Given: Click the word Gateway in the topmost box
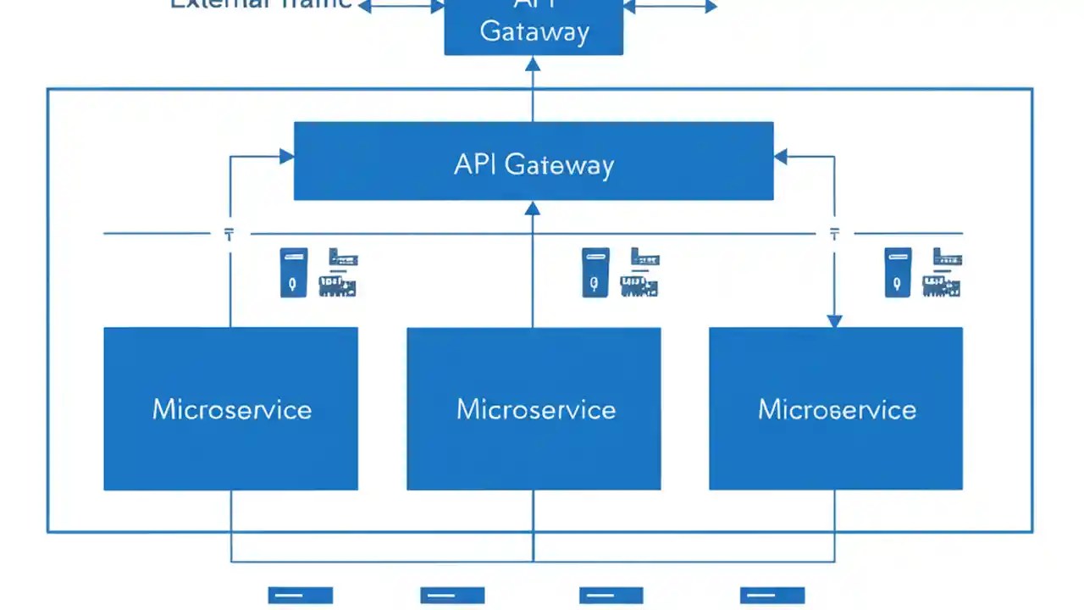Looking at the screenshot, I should tap(534, 32).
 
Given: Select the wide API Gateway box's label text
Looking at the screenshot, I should tap(534, 164).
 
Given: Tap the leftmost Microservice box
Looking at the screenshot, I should tap(230, 408).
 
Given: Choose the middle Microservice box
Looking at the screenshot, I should tap(534, 408).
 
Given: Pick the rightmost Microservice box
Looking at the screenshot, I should tap(836, 408).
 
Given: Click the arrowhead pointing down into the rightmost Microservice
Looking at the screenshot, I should tap(834, 320).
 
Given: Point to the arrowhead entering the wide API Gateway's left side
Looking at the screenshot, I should tap(286, 156).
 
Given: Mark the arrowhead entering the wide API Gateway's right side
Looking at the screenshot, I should tap(781, 156).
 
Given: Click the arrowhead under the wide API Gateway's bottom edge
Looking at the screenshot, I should tap(533, 208).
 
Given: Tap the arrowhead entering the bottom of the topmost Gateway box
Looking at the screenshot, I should tap(533, 64).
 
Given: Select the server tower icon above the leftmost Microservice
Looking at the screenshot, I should tap(294, 272).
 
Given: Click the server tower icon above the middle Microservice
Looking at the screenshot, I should tap(595, 272).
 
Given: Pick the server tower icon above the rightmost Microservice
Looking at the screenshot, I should tap(898, 272).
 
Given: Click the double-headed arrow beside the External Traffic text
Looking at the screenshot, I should tap(401, 7).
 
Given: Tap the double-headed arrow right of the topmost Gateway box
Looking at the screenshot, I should tap(670, 7).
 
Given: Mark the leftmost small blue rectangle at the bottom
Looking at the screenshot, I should tap(301, 595).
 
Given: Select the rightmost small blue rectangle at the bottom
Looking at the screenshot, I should tap(772, 595).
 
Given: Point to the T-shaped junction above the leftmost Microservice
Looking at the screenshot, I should tap(230, 234).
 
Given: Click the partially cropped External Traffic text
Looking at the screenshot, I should tap(261, 4).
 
